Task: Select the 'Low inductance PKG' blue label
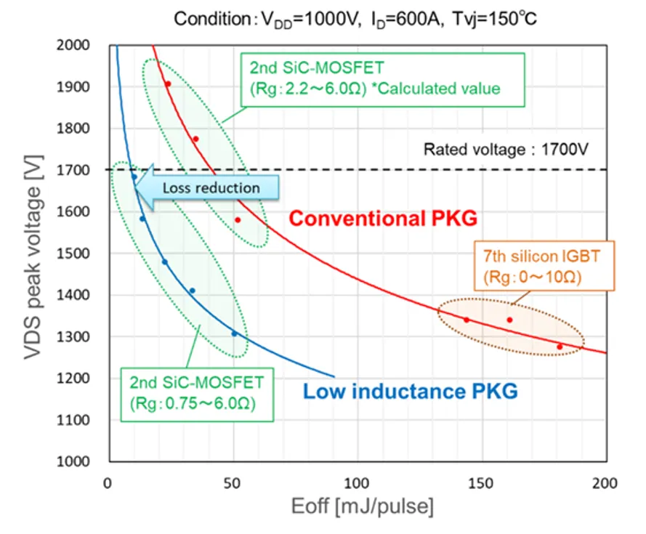pyautogui.click(x=411, y=392)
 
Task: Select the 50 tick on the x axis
pyautogui.click(x=233, y=482)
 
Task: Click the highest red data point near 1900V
pyautogui.click(x=167, y=84)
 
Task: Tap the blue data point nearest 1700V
pyautogui.click(x=134, y=177)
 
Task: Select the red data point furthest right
pyautogui.click(x=560, y=347)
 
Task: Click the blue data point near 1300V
pyautogui.click(x=234, y=333)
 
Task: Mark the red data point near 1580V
pyautogui.click(x=238, y=220)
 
